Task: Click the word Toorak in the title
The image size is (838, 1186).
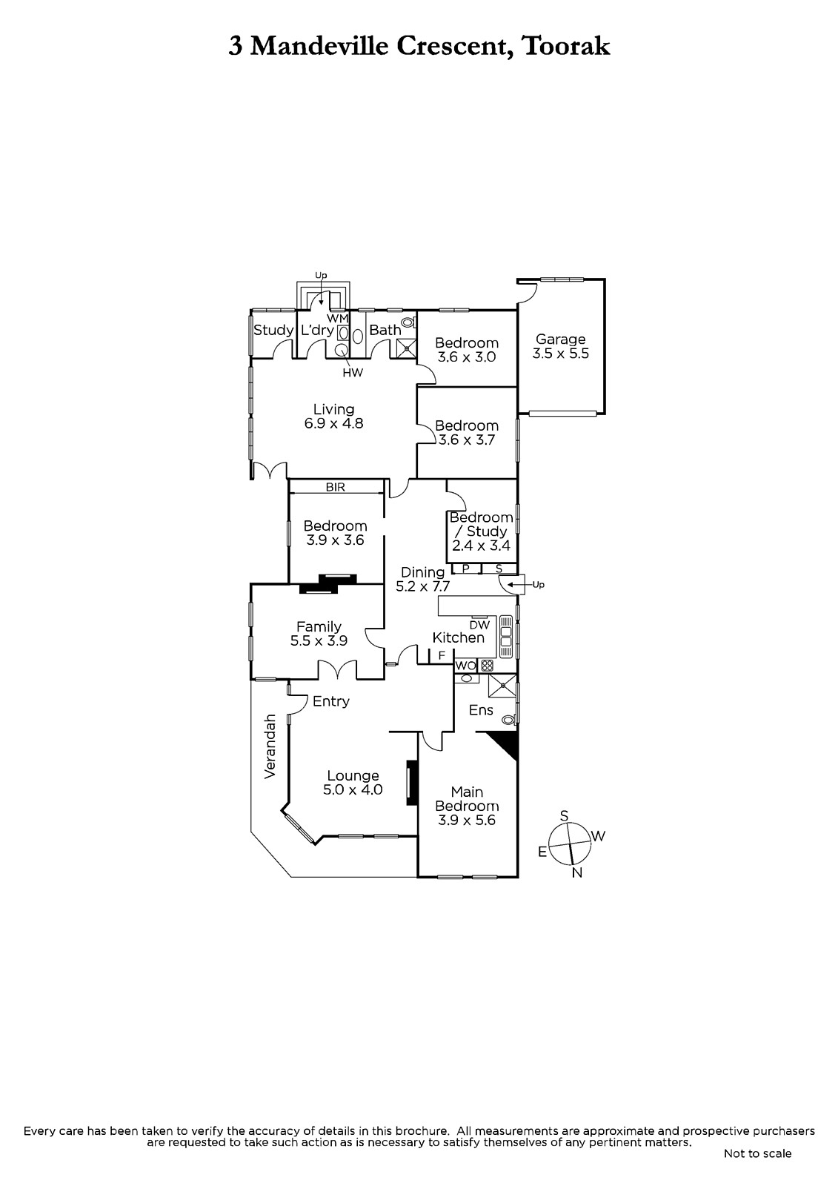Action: [x=565, y=46]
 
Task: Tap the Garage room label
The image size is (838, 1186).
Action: [x=561, y=339]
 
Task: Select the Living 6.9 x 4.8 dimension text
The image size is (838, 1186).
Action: [x=333, y=423]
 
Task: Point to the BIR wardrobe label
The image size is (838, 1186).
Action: [x=336, y=487]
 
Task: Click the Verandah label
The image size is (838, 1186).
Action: [x=270, y=746]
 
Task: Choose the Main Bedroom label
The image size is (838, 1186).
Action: [x=467, y=799]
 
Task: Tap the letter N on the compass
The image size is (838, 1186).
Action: [x=577, y=873]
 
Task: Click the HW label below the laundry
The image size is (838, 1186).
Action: [x=353, y=373]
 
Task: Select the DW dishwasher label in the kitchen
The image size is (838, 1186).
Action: [x=479, y=625]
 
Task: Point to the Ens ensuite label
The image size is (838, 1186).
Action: [x=481, y=710]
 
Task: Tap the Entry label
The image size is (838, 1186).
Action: [x=331, y=701]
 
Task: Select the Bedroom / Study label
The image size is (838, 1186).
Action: [x=481, y=524]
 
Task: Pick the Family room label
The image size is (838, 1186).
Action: [x=319, y=627]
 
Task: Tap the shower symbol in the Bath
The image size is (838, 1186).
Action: [x=407, y=348]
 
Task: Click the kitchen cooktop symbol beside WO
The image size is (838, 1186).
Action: [x=487, y=666]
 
